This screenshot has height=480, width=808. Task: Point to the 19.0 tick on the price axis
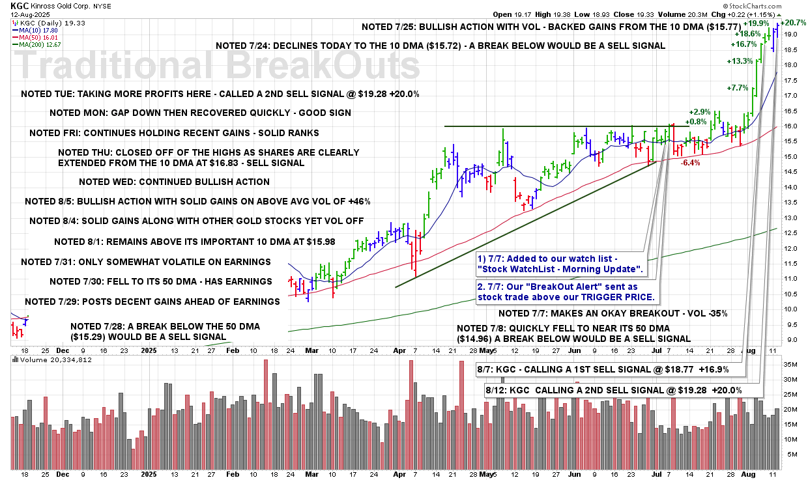[790, 34]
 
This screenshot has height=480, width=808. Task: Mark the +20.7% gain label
[794, 23]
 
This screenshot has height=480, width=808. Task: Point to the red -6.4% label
[689, 163]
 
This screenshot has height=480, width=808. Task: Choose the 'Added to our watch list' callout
[560, 265]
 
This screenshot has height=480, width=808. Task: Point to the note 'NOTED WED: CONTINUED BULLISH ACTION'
[173, 182]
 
